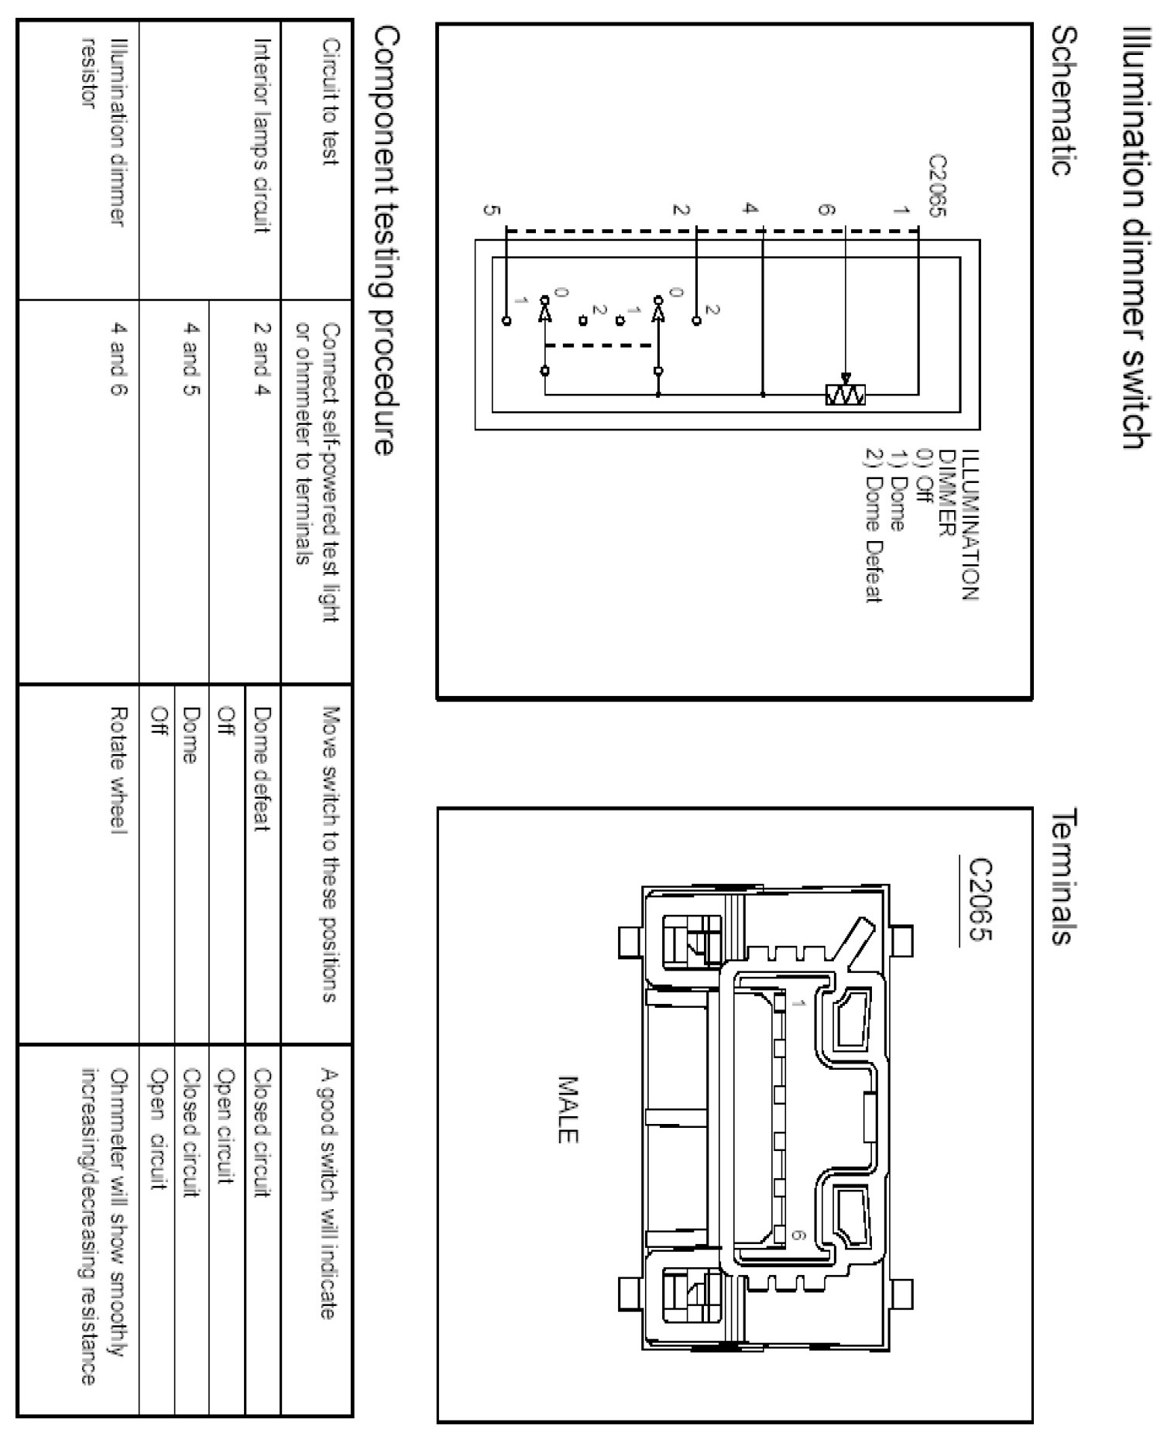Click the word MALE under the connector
coord(568,1108)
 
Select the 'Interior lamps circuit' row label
coord(262,135)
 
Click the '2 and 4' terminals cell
coord(262,359)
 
